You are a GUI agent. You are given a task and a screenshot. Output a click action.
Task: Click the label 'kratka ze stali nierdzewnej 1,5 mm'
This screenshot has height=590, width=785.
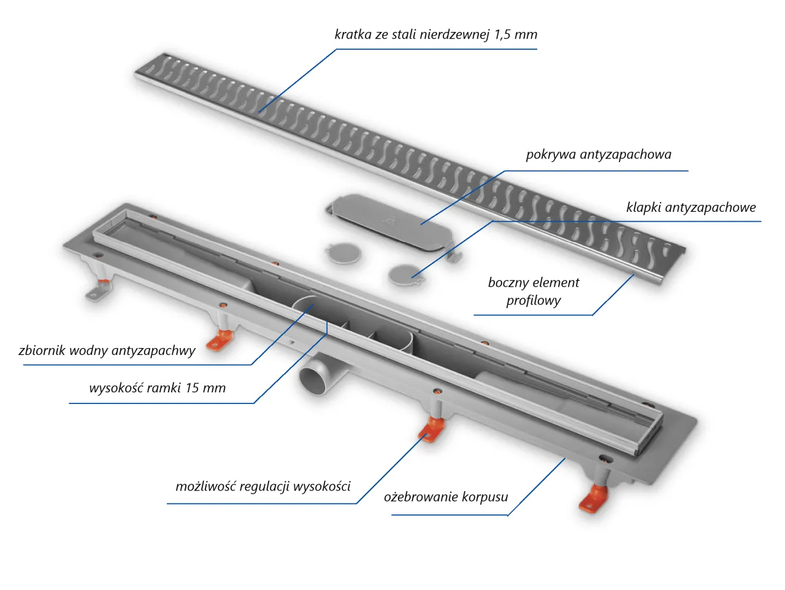point(435,34)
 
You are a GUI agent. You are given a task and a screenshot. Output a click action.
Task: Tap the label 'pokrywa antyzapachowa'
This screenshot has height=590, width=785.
point(598,155)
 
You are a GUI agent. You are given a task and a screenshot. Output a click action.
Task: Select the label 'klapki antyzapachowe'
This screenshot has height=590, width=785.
point(691,208)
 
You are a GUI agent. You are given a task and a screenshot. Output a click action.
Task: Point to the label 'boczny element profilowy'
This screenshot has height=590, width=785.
point(534,291)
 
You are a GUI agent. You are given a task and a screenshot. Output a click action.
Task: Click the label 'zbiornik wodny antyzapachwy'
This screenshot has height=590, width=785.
point(107,351)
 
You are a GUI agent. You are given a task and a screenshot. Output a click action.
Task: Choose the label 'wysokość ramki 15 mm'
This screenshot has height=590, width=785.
point(157,388)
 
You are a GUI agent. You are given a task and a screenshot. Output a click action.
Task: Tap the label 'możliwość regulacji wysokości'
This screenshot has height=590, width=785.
point(262,487)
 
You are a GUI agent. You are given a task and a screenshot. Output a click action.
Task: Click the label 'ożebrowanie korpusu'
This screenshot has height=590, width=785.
point(446,497)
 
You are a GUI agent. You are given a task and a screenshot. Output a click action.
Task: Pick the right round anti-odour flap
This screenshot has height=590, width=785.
point(405,274)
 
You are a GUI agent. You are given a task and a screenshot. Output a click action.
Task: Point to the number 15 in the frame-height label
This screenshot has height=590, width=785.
point(193,388)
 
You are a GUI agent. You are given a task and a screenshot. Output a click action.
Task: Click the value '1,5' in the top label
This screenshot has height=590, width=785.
point(502,34)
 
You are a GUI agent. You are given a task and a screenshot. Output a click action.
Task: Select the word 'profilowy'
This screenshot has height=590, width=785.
point(534,301)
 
